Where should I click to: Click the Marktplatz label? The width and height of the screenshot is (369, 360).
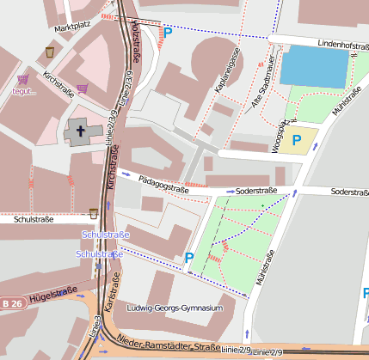[x=71, y=27]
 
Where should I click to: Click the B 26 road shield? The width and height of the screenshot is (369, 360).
[x=11, y=303]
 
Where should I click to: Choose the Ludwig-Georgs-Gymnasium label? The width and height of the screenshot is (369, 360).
[x=175, y=308]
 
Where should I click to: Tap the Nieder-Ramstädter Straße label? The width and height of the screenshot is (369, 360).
[x=169, y=345]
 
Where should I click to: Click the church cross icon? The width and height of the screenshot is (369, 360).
[x=81, y=132]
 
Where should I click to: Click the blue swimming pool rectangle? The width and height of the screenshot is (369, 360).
[x=314, y=65]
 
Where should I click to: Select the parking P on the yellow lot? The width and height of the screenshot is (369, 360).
[x=297, y=139]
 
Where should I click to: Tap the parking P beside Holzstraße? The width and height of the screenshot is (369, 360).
[x=168, y=32]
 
